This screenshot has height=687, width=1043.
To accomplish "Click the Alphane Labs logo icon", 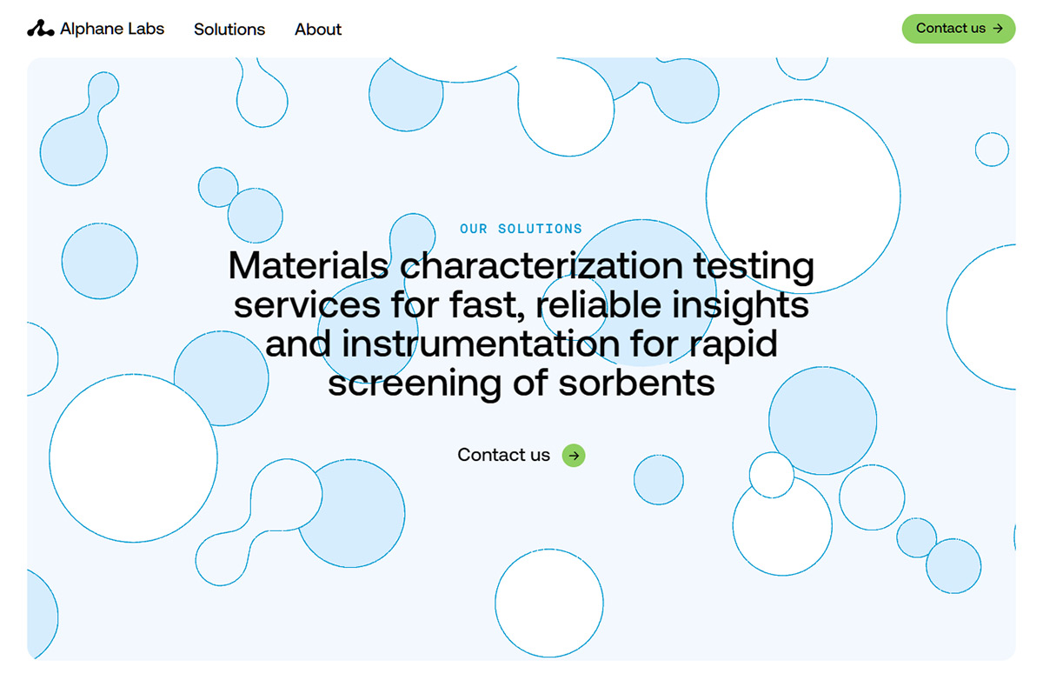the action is coord(41,29).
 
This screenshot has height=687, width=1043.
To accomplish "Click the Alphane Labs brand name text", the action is coord(112,29).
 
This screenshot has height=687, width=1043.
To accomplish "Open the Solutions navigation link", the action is coord(229,30).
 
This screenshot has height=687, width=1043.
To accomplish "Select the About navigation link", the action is coord(318,30).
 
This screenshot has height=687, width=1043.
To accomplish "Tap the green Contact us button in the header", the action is coord(959,29).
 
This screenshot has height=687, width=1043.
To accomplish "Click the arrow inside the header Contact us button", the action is coord(998,29).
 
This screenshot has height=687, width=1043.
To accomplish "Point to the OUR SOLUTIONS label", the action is coord(521,229).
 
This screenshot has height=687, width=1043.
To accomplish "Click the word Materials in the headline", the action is coord(309,265).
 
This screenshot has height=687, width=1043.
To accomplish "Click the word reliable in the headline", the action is coord(598,305).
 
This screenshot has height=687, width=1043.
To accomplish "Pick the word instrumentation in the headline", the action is coord(481,344).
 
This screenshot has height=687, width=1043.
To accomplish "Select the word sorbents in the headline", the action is coord(636,384).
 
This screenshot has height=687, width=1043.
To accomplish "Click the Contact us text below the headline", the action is coord(503,455).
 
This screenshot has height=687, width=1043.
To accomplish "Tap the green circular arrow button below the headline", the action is coord(574,456).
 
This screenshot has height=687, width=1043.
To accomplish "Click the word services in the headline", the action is coord(307,305).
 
